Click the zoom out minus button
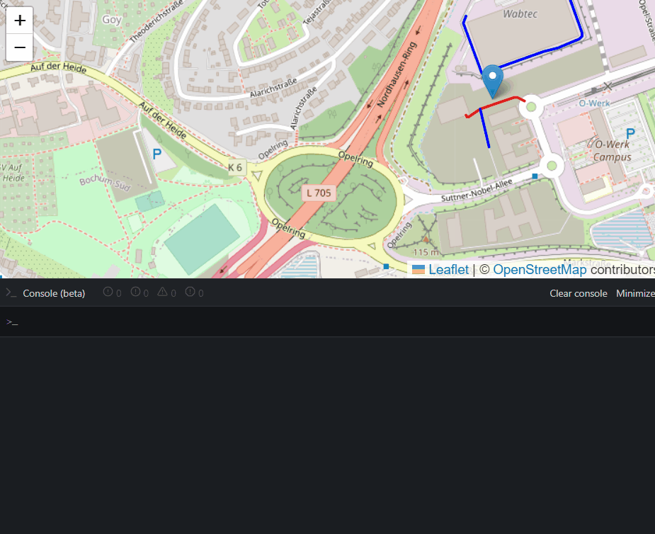click(20, 48)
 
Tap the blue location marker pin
click(493, 79)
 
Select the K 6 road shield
click(235, 168)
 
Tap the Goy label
click(112, 20)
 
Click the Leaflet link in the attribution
click(448, 270)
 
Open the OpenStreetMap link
click(540, 270)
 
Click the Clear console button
click(578, 293)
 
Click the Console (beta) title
click(54, 293)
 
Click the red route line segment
click(501, 102)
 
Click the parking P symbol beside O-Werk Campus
click(630, 133)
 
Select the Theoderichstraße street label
click(158, 21)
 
